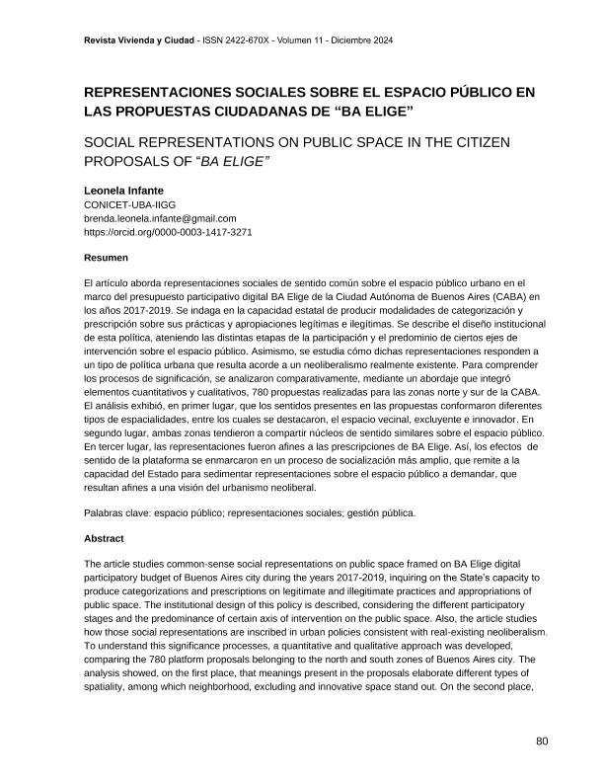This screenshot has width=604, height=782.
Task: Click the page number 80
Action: pyautogui.click(x=541, y=742)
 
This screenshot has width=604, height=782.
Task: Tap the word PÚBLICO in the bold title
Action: pyautogui.click(x=476, y=94)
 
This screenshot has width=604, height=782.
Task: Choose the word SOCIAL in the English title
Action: pyautogui.click(x=113, y=142)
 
